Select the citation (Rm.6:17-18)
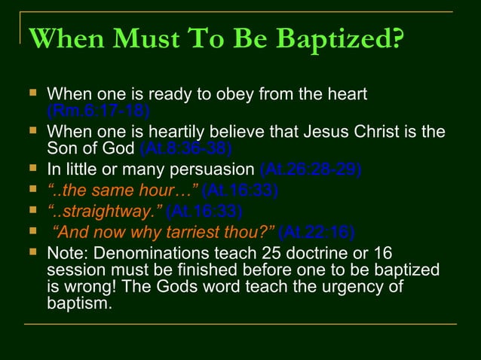pyautogui.click(x=98, y=111)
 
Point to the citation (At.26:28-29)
pyautogui.click(x=309, y=167)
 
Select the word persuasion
pyautogui.click(x=217, y=167)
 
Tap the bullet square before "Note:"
pyautogui.click(x=32, y=252)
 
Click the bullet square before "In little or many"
pyautogui.click(x=32, y=166)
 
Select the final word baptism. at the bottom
pyautogui.click(x=79, y=305)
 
